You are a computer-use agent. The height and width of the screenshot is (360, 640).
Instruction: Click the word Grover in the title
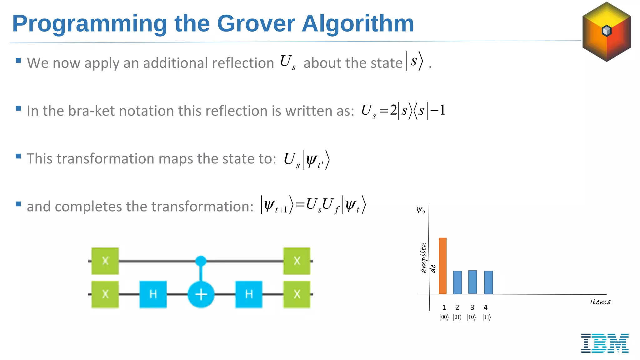pos(256,24)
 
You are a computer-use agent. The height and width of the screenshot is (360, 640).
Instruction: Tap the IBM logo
pos(605,343)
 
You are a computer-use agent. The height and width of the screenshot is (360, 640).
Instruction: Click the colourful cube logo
pos(606,32)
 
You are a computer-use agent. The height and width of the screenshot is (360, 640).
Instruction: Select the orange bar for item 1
pos(442,266)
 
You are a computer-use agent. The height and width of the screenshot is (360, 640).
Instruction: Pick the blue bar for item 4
pos(488,282)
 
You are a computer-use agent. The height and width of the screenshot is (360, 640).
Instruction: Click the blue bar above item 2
pos(457,282)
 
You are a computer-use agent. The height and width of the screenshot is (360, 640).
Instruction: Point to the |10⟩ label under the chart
pos(471,317)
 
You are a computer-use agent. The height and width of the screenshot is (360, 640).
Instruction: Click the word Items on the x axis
pos(600,302)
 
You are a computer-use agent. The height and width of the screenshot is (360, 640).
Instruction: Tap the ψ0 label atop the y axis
pos(421,210)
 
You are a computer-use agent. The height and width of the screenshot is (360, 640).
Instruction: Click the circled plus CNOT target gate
pos(201,294)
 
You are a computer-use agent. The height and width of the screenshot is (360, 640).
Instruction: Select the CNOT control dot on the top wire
pos(201,261)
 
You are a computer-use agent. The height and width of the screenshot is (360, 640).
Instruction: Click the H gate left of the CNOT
pos(153,294)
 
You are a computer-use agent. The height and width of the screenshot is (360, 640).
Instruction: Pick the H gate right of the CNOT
pos(249,294)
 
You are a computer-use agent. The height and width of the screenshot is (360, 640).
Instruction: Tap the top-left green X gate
pos(105,261)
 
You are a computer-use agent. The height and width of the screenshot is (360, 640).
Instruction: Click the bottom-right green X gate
pos(297,294)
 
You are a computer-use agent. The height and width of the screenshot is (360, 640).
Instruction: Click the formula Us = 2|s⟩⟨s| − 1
pos(403,111)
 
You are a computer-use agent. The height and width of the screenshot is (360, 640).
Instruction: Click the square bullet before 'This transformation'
pos(18,156)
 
